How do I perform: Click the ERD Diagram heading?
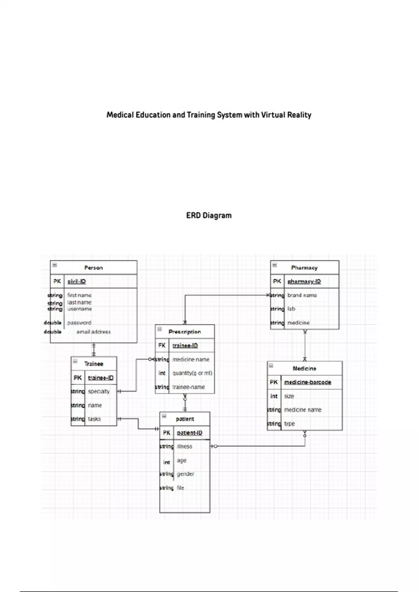pyautogui.click(x=209, y=216)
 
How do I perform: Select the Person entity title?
pyautogui.click(x=93, y=268)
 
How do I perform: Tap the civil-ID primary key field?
pyautogui.click(x=77, y=281)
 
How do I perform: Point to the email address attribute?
pyautogui.click(x=93, y=332)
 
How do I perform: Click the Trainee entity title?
pyautogui.click(x=94, y=364)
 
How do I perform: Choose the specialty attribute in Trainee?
pyautogui.click(x=99, y=391)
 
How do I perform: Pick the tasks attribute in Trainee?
pyautogui.click(x=94, y=419)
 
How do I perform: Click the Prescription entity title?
pyautogui.click(x=185, y=332)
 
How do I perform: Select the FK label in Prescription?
pyautogui.click(x=162, y=345)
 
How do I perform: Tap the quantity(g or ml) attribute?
pyautogui.click(x=192, y=373)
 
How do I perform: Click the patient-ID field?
pyautogui.click(x=189, y=433)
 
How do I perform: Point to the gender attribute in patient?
pyautogui.click(x=185, y=474)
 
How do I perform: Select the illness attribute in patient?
pyautogui.click(x=184, y=446)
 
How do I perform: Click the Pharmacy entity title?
pyautogui.click(x=304, y=268)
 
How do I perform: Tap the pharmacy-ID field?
pyautogui.click(x=304, y=281)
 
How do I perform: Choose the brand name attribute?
pyautogui.click(x=302, y=295)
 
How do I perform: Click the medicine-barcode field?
pyautogui.click(x=308, y=382)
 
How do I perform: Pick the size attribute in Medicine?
pyautogui.click(x=289, y=396)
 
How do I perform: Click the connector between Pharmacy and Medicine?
pyautogui.click(x=305, y=345)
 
